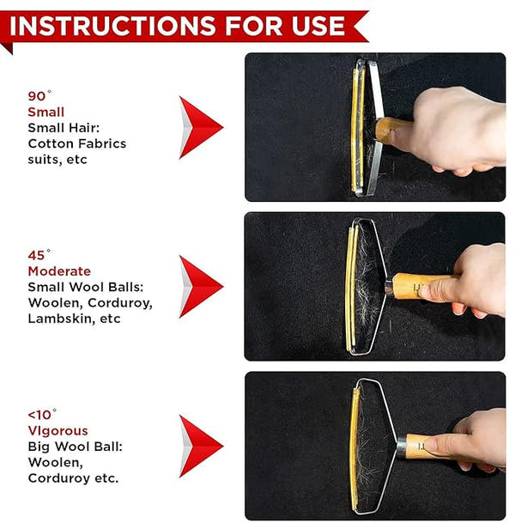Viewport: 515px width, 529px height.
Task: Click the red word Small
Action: coord(45,112)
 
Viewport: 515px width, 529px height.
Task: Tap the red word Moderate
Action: coord(59,271)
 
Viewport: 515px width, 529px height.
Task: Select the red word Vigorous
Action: coord(58,431)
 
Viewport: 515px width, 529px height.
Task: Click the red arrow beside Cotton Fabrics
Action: coord(199,127)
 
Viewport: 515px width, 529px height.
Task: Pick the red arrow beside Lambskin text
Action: coord(199,286)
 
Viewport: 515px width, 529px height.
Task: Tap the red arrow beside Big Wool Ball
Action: coord(199,446)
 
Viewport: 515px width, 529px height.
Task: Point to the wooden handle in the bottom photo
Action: coord(419,446)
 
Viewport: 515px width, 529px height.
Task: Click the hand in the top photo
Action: coord(455,129)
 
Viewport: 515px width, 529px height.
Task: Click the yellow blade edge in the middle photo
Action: coord(350,287)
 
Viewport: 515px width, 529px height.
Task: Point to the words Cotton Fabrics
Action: coord(76,143)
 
